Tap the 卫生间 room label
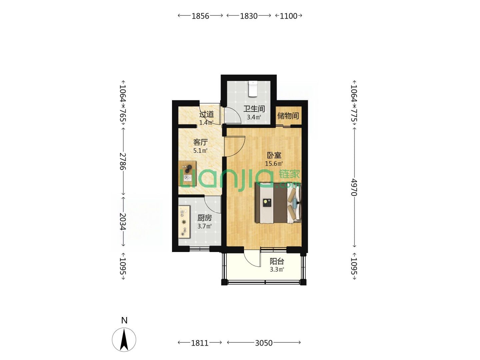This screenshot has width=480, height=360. [254, 109]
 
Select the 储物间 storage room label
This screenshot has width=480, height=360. [288, 116]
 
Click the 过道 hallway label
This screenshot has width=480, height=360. [206, 114]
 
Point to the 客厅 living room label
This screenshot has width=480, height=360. [200, 142]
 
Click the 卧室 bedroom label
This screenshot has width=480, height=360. [274, 155]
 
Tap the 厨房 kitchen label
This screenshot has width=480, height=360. [204, 218]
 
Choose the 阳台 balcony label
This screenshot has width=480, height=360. [277, 261]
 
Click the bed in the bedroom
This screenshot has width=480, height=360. [278, 203]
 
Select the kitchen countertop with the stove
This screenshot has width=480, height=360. [184, 222]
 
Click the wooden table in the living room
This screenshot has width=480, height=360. [187, 174]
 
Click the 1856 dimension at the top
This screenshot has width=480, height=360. [200, 16]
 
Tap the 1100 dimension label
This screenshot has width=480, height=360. [288, 16]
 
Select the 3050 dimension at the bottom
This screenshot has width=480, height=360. [264, 343]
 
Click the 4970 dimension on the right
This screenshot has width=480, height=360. [354, 187]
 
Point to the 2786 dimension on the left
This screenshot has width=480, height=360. [123, 161]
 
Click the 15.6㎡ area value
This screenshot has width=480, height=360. [274, 163]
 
